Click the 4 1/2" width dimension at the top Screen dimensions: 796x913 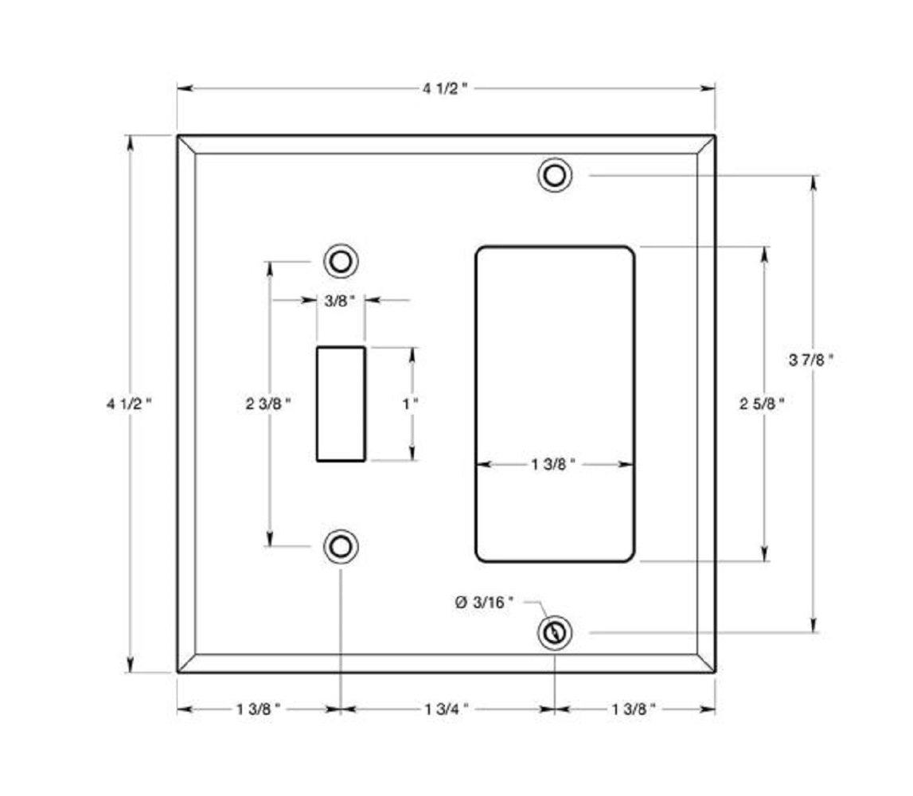pyautogui.click(x=445, y=88)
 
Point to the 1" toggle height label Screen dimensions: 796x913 pyautogui.click(x=411, y=404)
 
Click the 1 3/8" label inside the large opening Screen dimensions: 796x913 pyautogui.click(x=553, y=464)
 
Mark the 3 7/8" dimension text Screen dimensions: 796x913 pyautogui.click(x=812, y=360)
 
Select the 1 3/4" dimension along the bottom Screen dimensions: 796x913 pyautogui.click(x=447, y=708)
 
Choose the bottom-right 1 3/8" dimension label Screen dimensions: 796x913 pyautogui.click(x=634, y=708)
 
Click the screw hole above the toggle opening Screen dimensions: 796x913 pyautogui.click(x=341, y=261)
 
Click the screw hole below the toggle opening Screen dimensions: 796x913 pyautogui.click(x=341, y=546)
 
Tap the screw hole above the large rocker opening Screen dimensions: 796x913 pyautogui.click(x=555, y=175)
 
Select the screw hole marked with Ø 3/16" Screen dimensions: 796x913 pyautogui.click(x=554, y=634)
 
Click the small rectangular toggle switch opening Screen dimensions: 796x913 pyautogui.click(x=341, y=404)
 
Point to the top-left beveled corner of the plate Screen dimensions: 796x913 pyautogui.click(x=186, y=144)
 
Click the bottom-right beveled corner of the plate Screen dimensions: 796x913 pyautogui.click(x=705, y=664)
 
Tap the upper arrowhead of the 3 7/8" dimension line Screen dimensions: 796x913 pyautogui.click(x=813, y=181)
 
